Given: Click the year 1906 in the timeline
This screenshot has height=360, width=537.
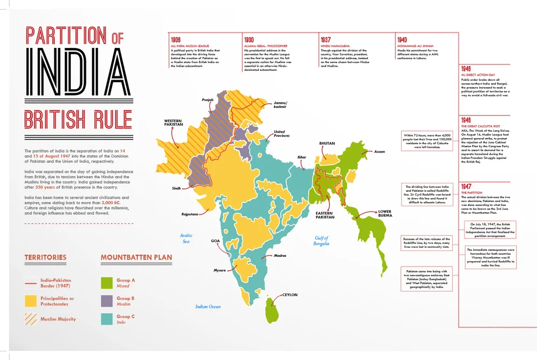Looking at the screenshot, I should pos(176,40).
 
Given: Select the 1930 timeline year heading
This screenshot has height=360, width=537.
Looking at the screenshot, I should pos(250,40).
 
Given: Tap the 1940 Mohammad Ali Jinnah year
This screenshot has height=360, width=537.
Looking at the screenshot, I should pos(402,40).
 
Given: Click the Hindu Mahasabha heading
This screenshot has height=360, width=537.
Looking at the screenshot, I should pos(336,46).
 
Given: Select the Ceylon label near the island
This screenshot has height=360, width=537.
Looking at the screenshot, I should pos(289,294).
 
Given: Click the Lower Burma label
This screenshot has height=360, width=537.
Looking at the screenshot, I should pos(385,214).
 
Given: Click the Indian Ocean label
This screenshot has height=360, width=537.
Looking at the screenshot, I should pos(208,307).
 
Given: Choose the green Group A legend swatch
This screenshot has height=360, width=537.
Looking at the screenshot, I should pos(107,283).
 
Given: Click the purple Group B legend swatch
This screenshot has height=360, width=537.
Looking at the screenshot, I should pos(107,301).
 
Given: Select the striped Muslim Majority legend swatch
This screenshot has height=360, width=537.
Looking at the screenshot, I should pos(31,319).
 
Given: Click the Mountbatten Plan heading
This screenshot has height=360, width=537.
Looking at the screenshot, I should pos(136,257).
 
